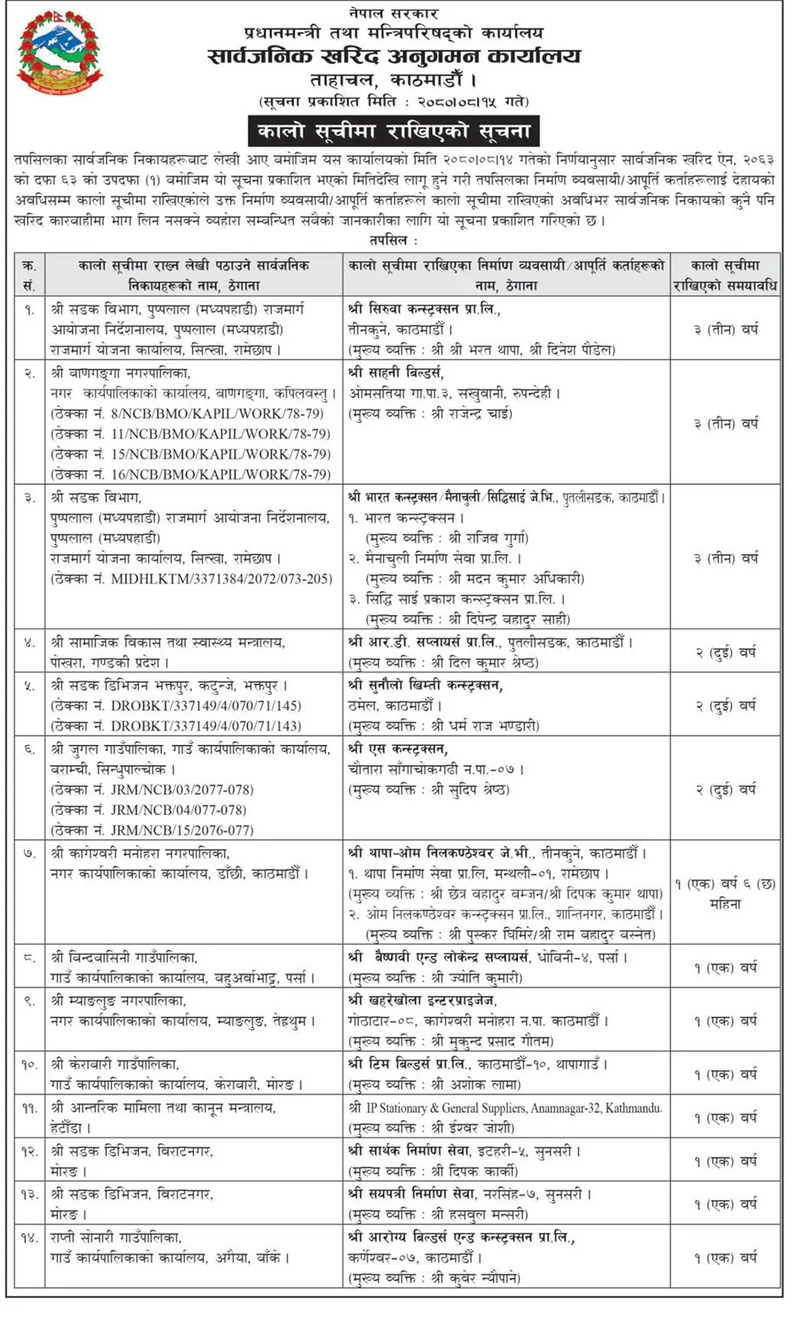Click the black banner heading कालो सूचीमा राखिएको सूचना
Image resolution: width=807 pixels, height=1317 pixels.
coord(394,131)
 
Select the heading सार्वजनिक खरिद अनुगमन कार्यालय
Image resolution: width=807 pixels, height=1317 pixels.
coord(394,57)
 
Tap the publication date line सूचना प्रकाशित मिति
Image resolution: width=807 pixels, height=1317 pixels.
coord(394,101)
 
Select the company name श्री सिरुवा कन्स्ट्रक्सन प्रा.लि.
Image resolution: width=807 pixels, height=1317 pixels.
coord(424,309)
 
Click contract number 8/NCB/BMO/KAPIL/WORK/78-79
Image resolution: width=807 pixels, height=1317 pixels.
coord(218,414)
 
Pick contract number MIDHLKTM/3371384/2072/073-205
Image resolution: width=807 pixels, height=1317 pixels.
coord(222,579)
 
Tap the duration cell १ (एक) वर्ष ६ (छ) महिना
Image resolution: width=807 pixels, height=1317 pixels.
coord(724,894)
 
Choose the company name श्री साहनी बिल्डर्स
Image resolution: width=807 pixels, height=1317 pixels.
coord(396,373)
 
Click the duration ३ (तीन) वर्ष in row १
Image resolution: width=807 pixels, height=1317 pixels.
coord(724,329)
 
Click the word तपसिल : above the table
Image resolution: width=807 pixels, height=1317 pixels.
coord(394,240)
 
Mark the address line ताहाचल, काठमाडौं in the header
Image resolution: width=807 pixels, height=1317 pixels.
coord(394,79)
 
